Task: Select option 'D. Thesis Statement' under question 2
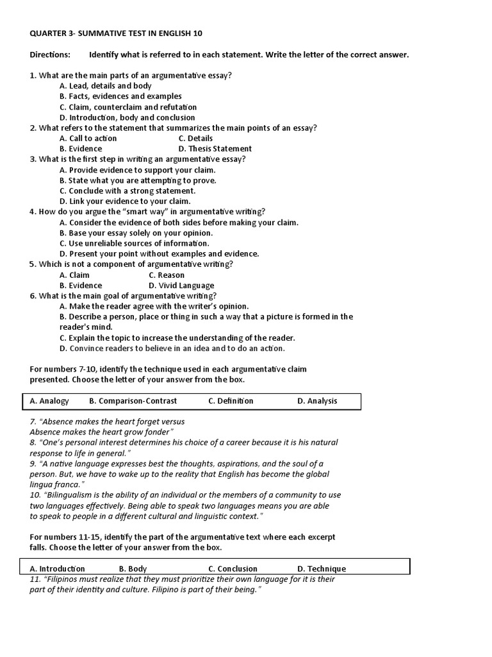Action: (215, 149)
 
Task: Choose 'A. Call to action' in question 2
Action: (88, 138)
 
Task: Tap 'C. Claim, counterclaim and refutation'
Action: (127, 107)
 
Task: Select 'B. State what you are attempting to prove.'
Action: (138, 180)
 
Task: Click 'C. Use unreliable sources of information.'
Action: (134, 243)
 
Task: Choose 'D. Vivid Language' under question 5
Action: (181, 286)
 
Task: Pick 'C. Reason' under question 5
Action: (167, 275)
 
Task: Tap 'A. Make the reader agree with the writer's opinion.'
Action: (154, 306)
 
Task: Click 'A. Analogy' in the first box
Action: (49, 401)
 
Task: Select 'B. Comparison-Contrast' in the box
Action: (133, 401)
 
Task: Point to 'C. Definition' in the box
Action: (231, 401)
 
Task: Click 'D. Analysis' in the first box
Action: (317, 401)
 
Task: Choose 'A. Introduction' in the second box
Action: (57, 568)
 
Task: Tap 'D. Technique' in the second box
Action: (322, 568)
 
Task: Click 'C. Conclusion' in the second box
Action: (233, 568)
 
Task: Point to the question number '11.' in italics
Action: (35, 579)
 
